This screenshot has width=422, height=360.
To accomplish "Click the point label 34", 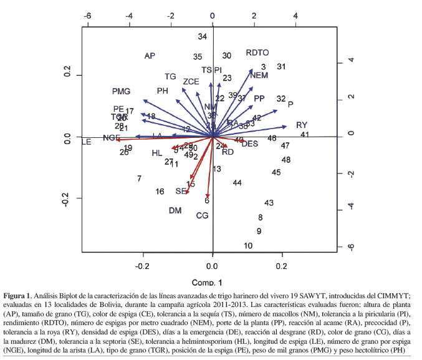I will (202, 37).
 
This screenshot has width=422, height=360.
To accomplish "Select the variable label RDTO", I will (257, 53).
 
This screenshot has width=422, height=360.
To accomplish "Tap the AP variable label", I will (150, 56).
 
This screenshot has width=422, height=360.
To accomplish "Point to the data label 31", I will (281, 67).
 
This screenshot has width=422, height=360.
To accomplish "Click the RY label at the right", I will (302, 125).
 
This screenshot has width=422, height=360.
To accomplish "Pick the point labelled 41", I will (305, 135).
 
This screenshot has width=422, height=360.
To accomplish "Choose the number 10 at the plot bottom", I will (248, 246).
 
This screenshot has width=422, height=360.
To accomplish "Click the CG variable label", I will (202, 216).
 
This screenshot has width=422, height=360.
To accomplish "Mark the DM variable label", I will (175, 211).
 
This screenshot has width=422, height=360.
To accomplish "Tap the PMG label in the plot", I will (121, 92).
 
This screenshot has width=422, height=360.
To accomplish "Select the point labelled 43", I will (269, 203).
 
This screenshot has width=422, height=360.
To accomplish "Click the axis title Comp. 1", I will (212, 282).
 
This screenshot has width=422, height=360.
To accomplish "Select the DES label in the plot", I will (250, 144).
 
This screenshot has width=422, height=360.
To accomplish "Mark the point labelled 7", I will (139, 179).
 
